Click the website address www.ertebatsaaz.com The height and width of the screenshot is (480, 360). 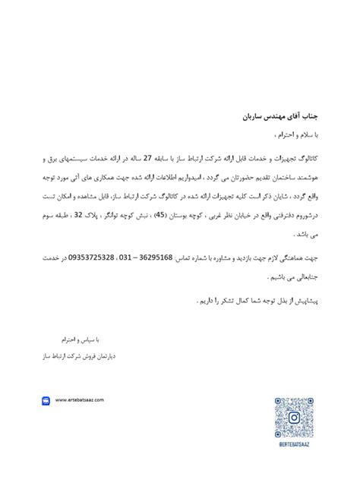pos(79,399)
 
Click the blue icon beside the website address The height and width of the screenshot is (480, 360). pos(46,400)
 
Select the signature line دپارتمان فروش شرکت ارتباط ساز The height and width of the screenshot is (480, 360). pos(72,354)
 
